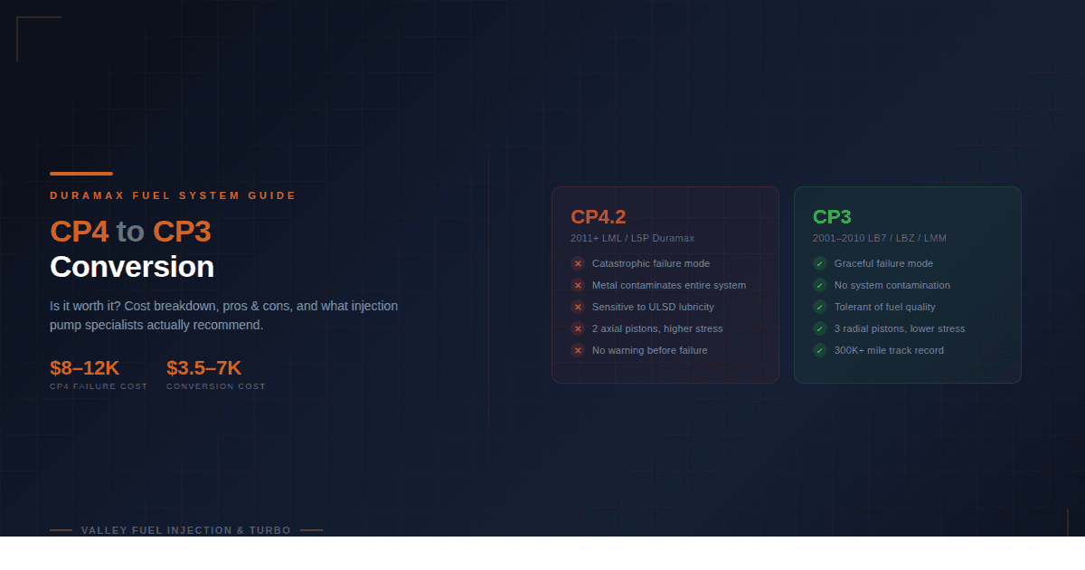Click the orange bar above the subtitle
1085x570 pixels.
tap(81, 174)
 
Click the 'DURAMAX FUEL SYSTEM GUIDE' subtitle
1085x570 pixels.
tap(173, 195)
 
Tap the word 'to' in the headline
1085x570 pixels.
tap(130, 232)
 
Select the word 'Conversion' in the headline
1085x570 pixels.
tap(132, 267)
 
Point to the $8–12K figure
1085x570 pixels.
tap(84, 368)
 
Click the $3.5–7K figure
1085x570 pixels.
tap(204, 368)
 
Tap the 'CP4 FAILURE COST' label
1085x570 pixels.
tap(99, 386)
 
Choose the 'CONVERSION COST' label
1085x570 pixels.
tap(216, 386)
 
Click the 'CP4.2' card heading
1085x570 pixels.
tap(599, 216)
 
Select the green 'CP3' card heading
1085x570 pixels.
tap(832, 216)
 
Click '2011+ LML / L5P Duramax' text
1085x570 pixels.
tap(632, 238)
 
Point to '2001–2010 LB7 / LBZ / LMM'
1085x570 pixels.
tap(879, 238)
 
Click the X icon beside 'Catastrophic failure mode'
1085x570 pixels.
tap(578, 263)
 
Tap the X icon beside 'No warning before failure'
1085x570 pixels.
tap(578, 350)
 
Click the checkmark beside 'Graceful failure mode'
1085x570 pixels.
tap(819, 263)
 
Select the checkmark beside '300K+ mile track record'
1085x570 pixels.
tap(819, 350)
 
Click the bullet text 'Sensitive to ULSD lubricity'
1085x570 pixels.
tap(653, 307)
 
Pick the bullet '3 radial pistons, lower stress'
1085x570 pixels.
tap(900, 328)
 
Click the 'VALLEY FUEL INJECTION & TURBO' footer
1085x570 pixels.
tap(186, 530)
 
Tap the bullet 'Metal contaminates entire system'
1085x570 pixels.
tap(669, 286)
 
